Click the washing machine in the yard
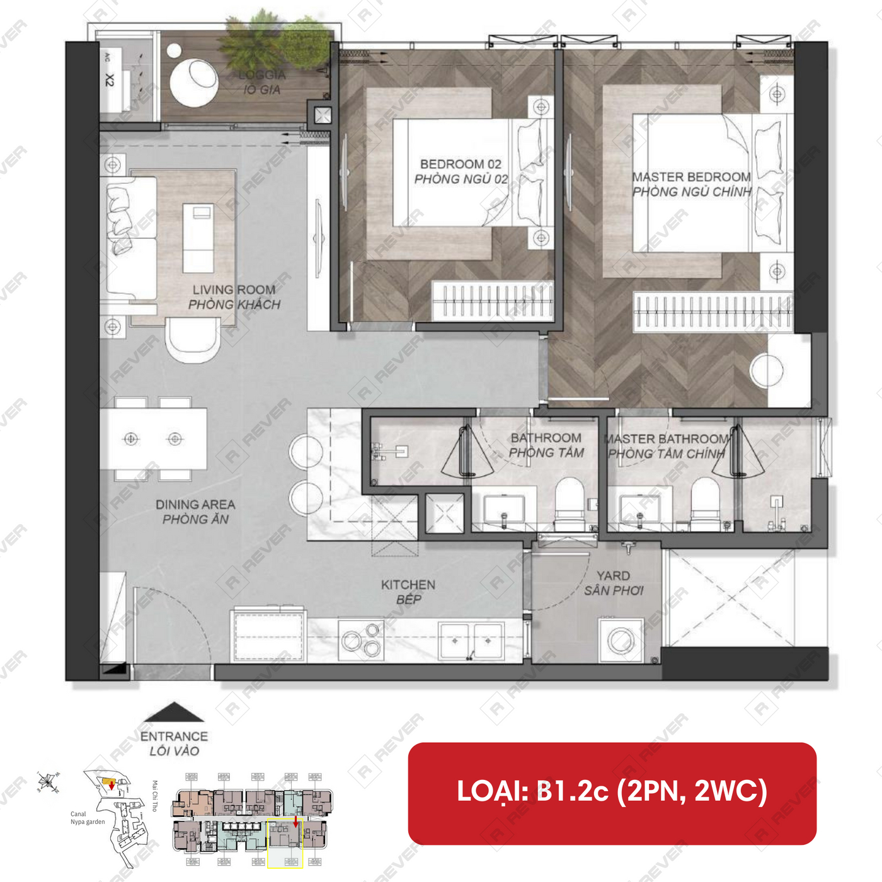[x=621, y=641]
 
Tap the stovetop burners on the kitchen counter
[x=362, y=639]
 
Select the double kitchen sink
[x=471, y=641]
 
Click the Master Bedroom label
[x=692, y=184]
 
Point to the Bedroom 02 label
[x=461, y=171]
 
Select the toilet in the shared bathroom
[x=570, y=499]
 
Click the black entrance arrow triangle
[x=174, y=712]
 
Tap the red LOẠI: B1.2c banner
[x=612, y=793]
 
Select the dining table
[x=154, y=438]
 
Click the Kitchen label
[x=408, y=592]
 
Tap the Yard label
[x=614, y=583]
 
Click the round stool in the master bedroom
[x=767, y=370]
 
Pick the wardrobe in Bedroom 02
[x=493, y=301]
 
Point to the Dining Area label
[x=195, y=512]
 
